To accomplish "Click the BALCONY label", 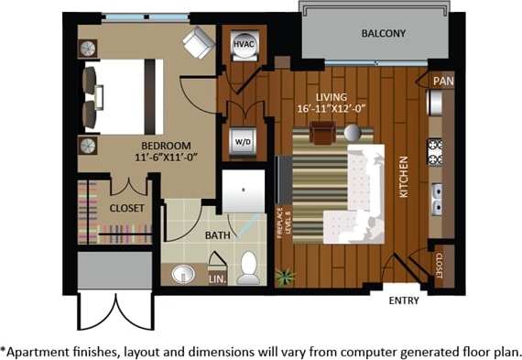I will [x=383, y=34].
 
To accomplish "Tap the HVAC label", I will [x=243, y=43].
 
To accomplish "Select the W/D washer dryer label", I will [x=244, y=142].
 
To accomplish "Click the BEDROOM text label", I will [x=165, y=146].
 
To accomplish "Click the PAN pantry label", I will [x=443, y=81].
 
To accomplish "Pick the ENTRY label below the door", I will [x=404, y=300].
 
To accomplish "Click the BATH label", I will [x=217, y=235].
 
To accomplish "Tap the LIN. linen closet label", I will [x=217, y=278].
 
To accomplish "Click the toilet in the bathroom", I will [x=248, y=268].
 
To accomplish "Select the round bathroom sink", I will [x=184, y=272].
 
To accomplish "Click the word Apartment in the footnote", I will [x=38, y=349].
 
